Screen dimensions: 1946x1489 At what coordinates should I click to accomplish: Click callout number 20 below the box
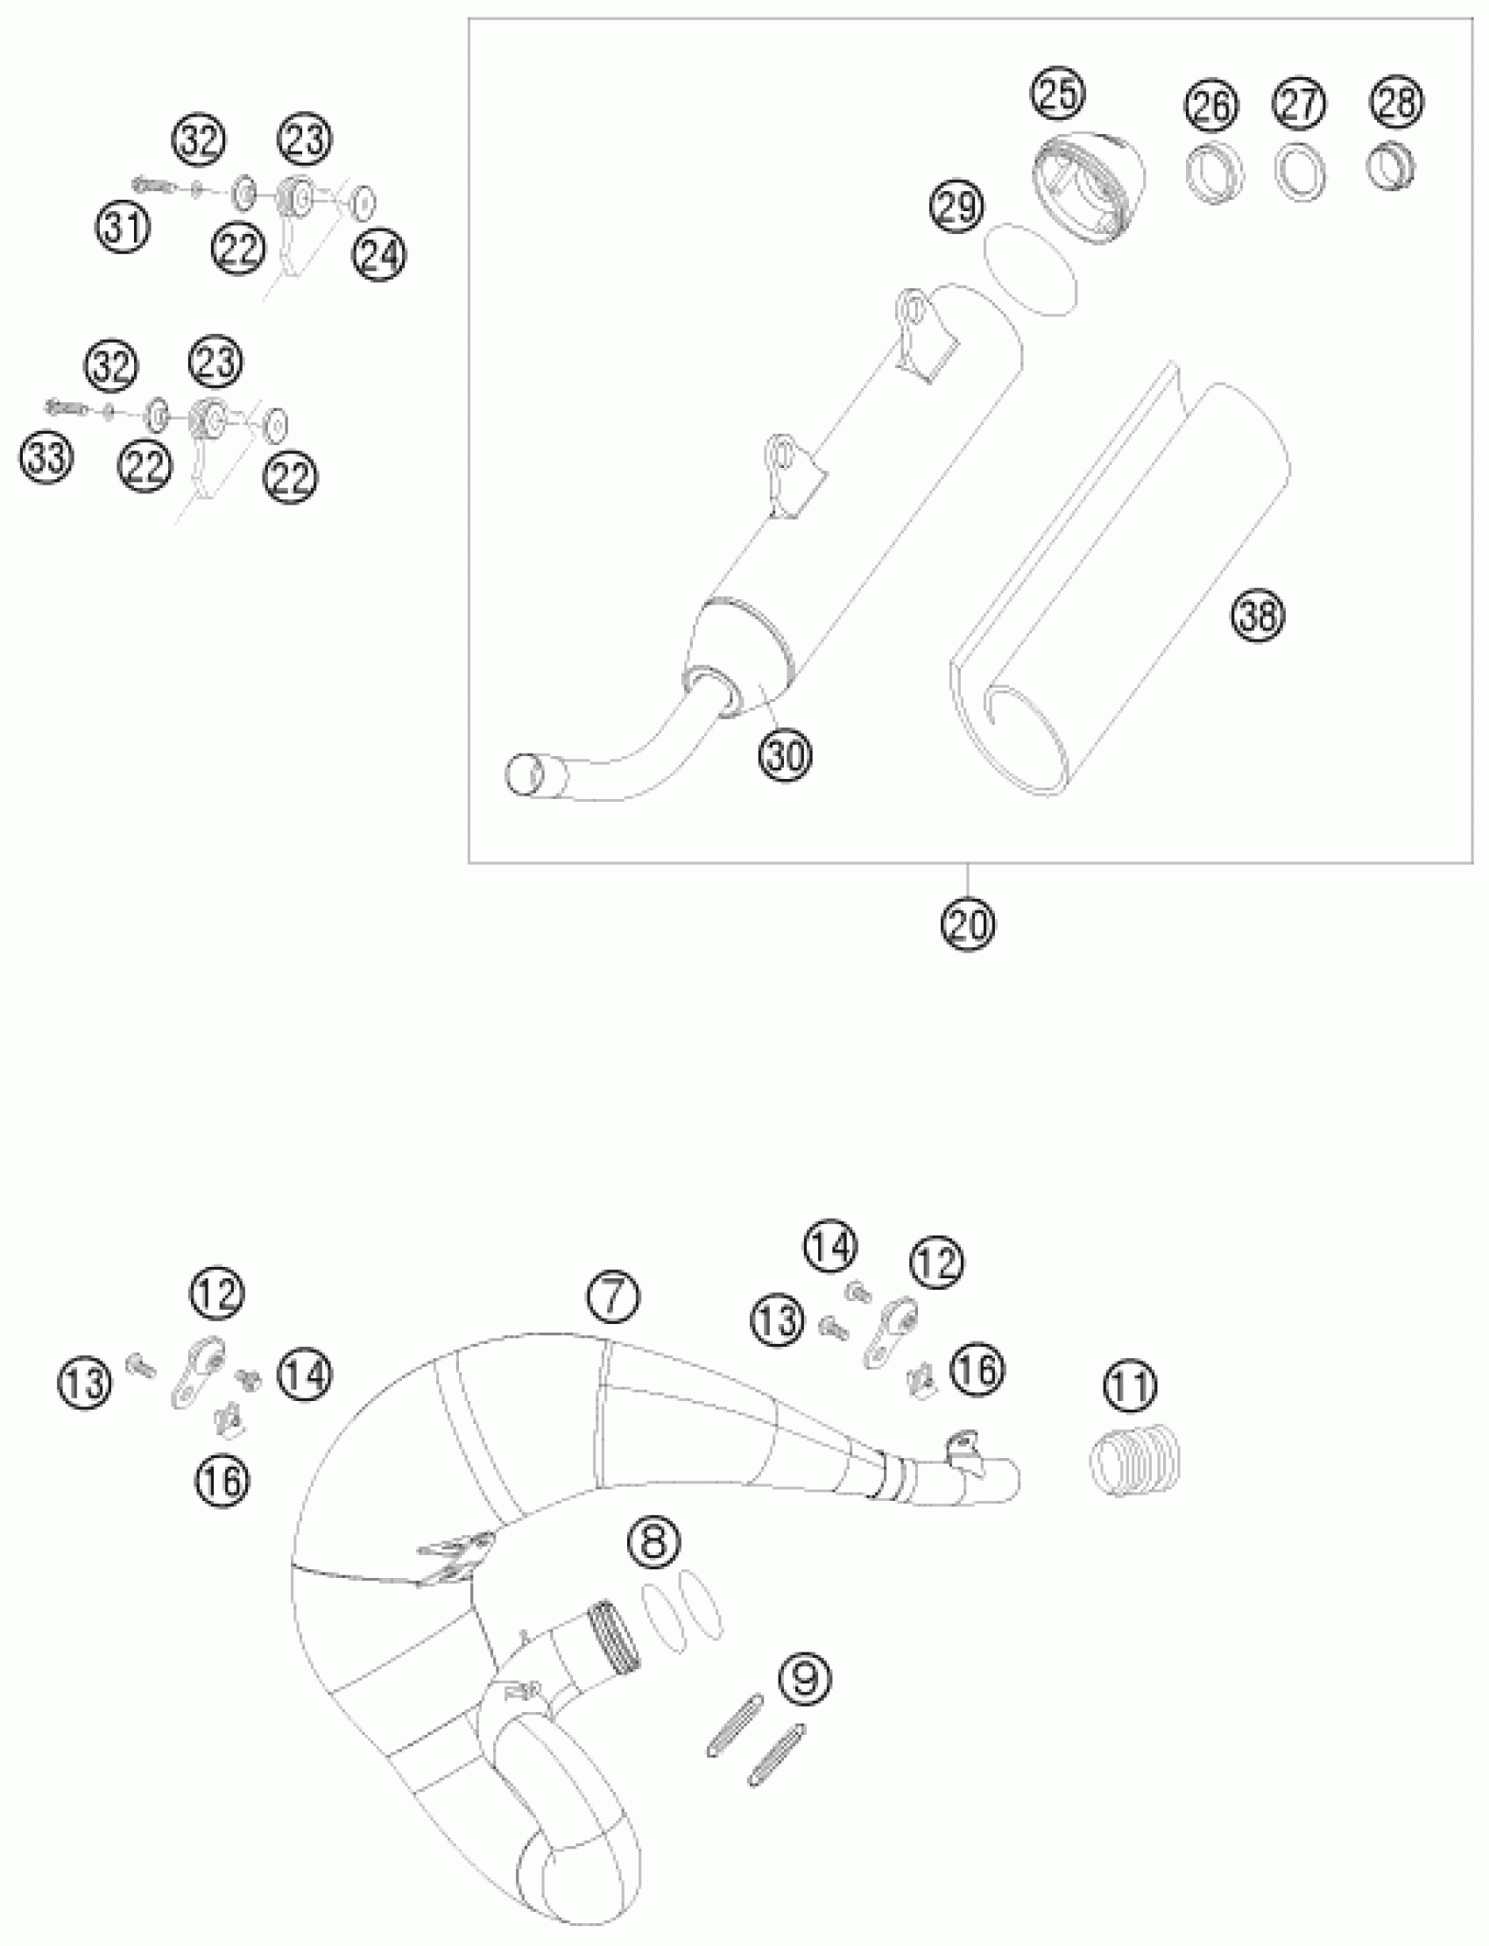pyautogui.click(x=968, y=924)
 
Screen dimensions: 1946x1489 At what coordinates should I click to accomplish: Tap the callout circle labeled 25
pyautogui.click(x=1058, y=93)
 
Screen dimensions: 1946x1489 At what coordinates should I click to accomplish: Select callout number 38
pyautogui.click(x=1258, y=614)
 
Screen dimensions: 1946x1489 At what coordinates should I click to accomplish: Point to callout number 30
pyautogui.click(x=786, y=754)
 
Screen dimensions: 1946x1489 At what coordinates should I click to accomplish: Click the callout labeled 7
pyautogui.click(x=612, y=1297)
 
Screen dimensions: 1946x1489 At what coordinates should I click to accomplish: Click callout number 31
pyautogui.click(x=123, y=228)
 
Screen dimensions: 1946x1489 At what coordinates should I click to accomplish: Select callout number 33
pyautogui.click(x=47, y=458)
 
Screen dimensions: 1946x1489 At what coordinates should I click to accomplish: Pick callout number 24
pyautogui.click(x=378, y=256)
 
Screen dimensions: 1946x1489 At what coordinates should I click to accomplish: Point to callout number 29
pyautogui.click(x=957, y=208)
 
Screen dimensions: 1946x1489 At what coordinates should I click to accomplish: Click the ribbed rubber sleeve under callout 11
pyautogui.click(x=1133, y=1466)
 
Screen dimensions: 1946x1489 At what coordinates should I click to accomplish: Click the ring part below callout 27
pyautogui.click(x=1300, y=168)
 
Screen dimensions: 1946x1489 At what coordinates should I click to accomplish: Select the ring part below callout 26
pyautogui.click(x=1213, y=170)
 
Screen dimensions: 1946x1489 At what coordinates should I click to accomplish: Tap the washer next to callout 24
pyautogui.click(x=363, y=202)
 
